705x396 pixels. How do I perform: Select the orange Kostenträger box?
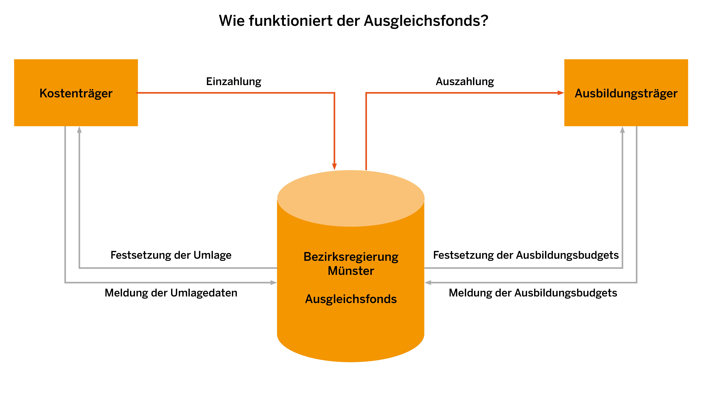pos(76,93)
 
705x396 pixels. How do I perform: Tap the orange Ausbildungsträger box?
pos(626,93)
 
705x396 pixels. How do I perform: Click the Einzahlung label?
pos(233,82)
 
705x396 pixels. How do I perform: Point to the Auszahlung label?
pos(465,82)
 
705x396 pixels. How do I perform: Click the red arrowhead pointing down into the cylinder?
pos(334,167)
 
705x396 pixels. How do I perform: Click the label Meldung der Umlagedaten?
pos(171,293)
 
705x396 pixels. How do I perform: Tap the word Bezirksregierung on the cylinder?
pos(351,257)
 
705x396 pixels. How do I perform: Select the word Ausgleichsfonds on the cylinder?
pos(351,299)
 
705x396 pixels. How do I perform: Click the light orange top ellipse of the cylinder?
pos(351,198)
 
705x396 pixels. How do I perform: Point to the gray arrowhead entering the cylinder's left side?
pos(273,282)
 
